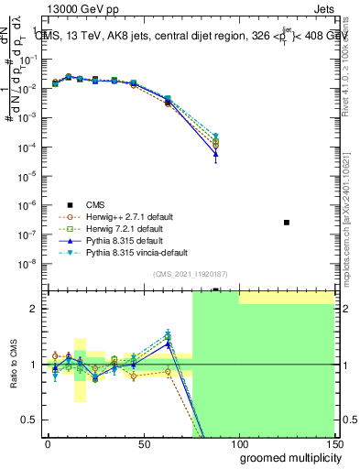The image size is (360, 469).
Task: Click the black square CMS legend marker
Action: coord(69,204)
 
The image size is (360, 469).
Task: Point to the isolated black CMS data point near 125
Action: coord(287,223)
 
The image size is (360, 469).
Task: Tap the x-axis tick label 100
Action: coord(239,442)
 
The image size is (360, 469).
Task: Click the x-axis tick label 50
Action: coord(143,442)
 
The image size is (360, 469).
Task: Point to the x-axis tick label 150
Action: coord(333,442)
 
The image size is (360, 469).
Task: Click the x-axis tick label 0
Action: coord(48,442)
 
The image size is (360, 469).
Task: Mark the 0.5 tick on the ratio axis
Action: coord(30,420)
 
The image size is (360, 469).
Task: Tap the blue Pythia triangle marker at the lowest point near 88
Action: coord(215,155)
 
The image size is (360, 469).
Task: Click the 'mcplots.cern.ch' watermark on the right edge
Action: coord(351,246)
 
